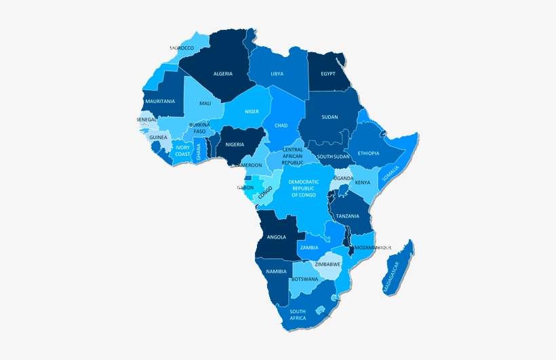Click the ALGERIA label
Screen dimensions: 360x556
[x=223, y=73]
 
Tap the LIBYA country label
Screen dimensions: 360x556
[x=277, y=73]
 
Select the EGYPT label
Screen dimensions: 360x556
[x=328, y=73]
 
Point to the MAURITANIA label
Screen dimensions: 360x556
[x=160, y=101]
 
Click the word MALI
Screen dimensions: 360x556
[x=205, y=103]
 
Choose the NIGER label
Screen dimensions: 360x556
[x=252, y=111]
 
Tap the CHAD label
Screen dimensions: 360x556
[x=281, y=125]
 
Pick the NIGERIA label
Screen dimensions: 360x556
[x=235, y=144]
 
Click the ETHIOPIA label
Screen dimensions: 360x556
[x=369, y=153]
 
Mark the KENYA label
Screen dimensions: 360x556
[x=363, y=182]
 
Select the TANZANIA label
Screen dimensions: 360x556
[x=347, y=216]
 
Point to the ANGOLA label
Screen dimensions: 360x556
[x=277, y=237]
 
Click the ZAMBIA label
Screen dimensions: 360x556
[x=309, y=248]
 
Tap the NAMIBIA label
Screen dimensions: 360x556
[x=277, y=271]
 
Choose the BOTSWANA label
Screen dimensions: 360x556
[x=304, y=279]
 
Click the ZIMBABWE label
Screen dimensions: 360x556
[x=327, y=264]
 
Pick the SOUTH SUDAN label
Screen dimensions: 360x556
[x=334, y=157]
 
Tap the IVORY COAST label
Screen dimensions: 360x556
[x=183, y=151]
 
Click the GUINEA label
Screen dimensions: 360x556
[x=158, y=137]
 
